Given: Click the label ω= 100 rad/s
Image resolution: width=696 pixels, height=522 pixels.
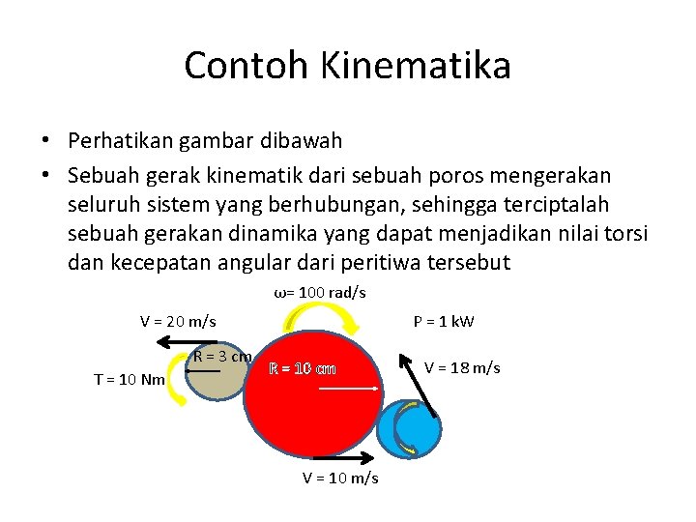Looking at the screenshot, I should point(320,293).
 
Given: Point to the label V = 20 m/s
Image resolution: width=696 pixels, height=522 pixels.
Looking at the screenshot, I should point(178,321).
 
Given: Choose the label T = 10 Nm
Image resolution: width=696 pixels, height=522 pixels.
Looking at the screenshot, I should point(130,379).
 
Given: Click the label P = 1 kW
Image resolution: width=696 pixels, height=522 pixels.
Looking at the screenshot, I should point(444,321).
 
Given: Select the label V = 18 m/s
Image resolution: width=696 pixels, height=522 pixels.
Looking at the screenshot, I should point(462,368).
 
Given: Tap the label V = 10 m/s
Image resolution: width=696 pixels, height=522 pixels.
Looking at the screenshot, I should point(340,478).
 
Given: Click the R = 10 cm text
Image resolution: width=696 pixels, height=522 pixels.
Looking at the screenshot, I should point(303,368).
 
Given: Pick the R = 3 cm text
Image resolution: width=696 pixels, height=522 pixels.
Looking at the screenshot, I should point(222,356).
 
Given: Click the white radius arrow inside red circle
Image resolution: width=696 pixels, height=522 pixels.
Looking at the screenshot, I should point(348,389).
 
